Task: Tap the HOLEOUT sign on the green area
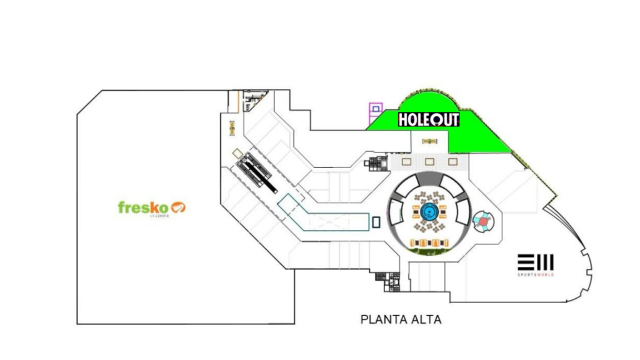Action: [429, 119]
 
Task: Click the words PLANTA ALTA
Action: [401, 319]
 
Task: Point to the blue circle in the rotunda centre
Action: [429, 212]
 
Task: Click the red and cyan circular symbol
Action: [483, 221]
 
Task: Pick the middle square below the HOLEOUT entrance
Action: [429, 162]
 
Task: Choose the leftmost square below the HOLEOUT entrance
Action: [407, 162]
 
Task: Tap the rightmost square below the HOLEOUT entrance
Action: [452, 162]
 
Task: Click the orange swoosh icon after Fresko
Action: [179, 207]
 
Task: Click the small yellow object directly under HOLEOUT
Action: [429, 141]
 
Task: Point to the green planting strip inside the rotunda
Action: [429, 252]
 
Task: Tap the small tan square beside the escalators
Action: [237, 152]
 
